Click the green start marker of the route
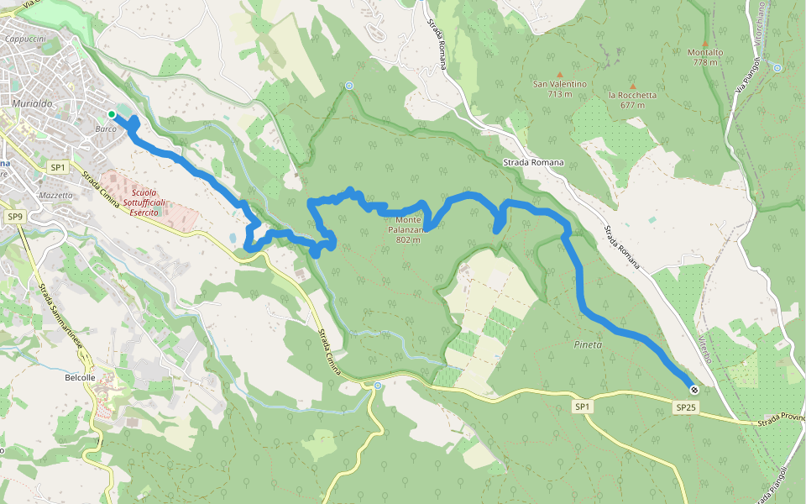111,114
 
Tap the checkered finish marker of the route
693,389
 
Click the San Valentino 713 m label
560,88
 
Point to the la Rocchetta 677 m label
632,100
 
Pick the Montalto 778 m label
704,56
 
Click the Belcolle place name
82,378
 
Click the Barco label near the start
106,129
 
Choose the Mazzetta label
55,195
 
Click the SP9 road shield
15,217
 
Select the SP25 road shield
686,407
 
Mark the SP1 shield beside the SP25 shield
583,407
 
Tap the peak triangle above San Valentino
560,74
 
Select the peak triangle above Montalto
704,43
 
